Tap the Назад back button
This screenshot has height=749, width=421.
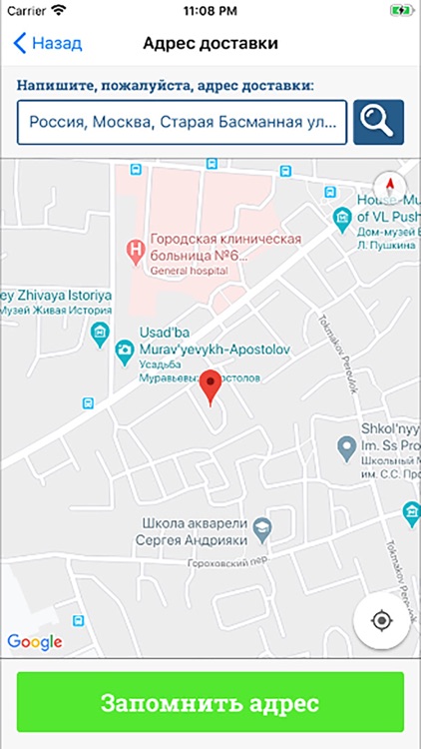(47, 44)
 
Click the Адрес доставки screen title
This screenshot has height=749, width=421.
(210, 44)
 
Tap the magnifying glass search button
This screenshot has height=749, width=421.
(378, 123)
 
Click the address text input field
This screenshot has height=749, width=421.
(182, 123)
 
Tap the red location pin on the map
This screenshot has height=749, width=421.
(210, 385)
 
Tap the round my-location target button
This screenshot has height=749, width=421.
(382, 620)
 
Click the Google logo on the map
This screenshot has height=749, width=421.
(34, 642)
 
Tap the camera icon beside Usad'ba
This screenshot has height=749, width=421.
(124, 349)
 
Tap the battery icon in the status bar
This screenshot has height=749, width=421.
(401, 10)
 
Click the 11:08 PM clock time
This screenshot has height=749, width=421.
(210, 10)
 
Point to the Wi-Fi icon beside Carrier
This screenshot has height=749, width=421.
(59, 10)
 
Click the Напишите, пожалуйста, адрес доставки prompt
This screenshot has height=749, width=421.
(166, 86)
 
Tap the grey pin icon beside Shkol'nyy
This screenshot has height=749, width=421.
(346, 446)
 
